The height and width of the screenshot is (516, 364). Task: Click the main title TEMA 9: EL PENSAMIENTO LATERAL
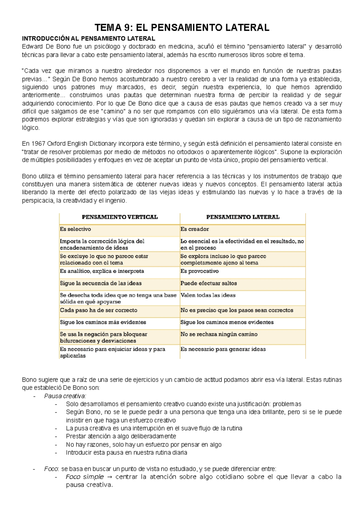tap(182, 28)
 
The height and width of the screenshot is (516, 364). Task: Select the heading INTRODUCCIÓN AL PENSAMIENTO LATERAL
tap(88, 39)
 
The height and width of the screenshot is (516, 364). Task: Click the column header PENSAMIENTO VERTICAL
tap(120, 217)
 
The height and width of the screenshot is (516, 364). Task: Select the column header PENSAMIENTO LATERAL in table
tap(243, 217)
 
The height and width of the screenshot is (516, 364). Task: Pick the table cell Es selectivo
tap(75, 229)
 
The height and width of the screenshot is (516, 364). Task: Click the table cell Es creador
tap(194, 229)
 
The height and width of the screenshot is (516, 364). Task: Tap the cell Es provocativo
tap(199, 271)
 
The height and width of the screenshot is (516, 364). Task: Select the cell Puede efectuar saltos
tap(208, 283)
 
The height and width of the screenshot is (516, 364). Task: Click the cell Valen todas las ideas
tap(208, 295)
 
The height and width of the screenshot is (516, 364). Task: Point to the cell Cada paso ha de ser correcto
tap(98, 310)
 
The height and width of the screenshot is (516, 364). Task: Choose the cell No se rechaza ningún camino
tap(219, 334)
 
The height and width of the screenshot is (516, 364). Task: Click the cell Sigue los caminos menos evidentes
tap(227, 322)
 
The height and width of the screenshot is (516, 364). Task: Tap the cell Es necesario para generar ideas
tap(223, 349)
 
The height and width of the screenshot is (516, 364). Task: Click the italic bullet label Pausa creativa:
tap(65, 396)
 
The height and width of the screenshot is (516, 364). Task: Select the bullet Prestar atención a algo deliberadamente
tap(121, 436)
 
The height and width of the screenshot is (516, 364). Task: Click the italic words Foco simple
tap(85, 477)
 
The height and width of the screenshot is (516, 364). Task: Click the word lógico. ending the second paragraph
tap(31, 128)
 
